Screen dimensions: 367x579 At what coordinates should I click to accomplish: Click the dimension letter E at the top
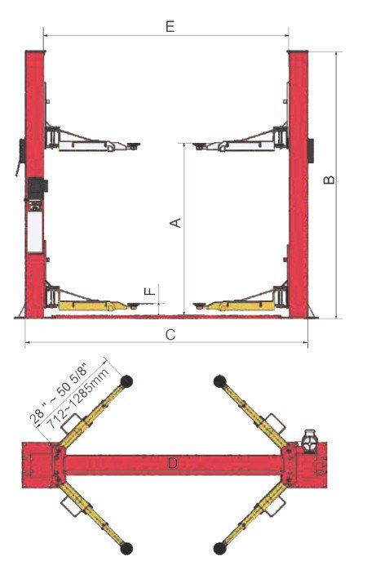170,27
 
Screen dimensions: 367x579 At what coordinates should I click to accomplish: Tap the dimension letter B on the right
329,180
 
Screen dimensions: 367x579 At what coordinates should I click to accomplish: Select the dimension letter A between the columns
175,223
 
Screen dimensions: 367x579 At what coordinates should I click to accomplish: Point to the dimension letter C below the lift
170,335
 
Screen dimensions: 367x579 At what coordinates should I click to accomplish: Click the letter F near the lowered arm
150,291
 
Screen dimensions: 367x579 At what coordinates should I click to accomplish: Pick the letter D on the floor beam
173,463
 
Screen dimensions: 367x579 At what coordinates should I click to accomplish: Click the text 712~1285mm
79,399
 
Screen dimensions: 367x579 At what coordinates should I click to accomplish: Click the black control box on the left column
37,189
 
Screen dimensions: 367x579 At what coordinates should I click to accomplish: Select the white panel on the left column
35,232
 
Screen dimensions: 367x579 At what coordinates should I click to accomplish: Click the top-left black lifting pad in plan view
126,381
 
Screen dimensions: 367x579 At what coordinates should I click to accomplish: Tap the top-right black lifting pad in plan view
220,381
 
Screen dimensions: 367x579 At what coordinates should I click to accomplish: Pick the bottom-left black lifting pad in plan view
126,548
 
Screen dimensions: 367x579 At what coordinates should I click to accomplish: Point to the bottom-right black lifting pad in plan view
220,548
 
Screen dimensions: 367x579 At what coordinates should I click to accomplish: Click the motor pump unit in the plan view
309,439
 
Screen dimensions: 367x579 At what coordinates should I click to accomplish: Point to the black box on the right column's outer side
311,150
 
